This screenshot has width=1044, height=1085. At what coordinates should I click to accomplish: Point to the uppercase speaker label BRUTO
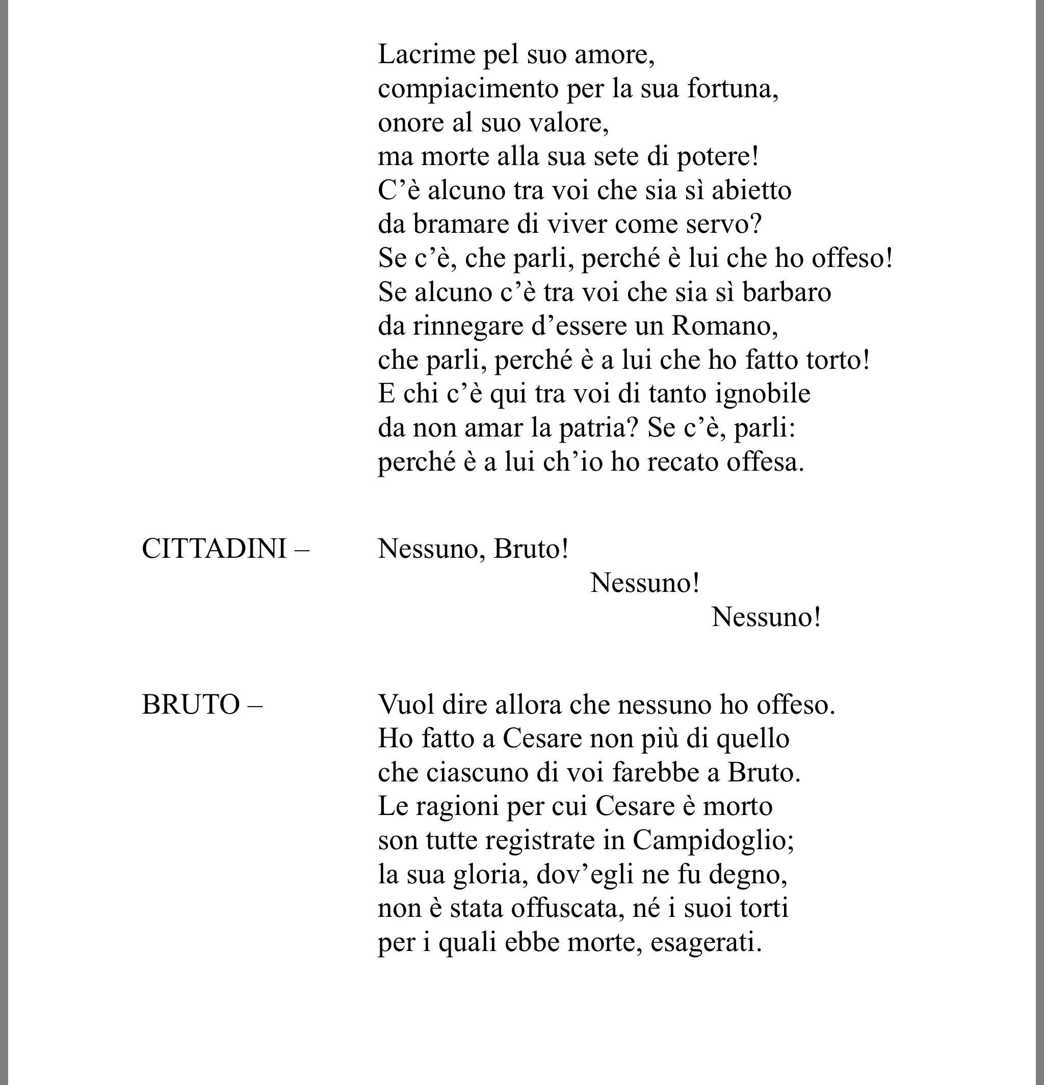pos(191,705)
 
